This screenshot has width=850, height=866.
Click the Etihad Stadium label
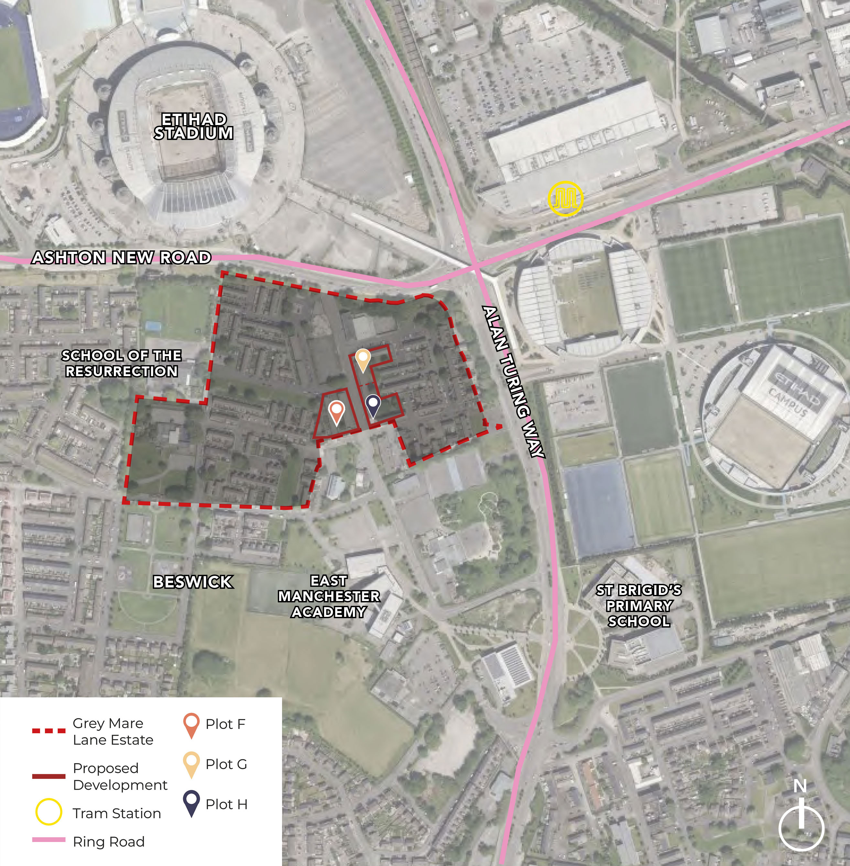[x=193, y=126]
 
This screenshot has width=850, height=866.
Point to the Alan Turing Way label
[x=514, y=381]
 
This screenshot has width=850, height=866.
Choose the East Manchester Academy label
[x=329, y=596]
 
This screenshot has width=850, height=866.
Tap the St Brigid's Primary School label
[x=639, y=606]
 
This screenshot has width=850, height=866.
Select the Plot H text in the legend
[x=226, y=804]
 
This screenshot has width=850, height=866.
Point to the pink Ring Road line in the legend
[x=49, y=840]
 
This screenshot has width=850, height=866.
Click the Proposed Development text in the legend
[x=120, y=776]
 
